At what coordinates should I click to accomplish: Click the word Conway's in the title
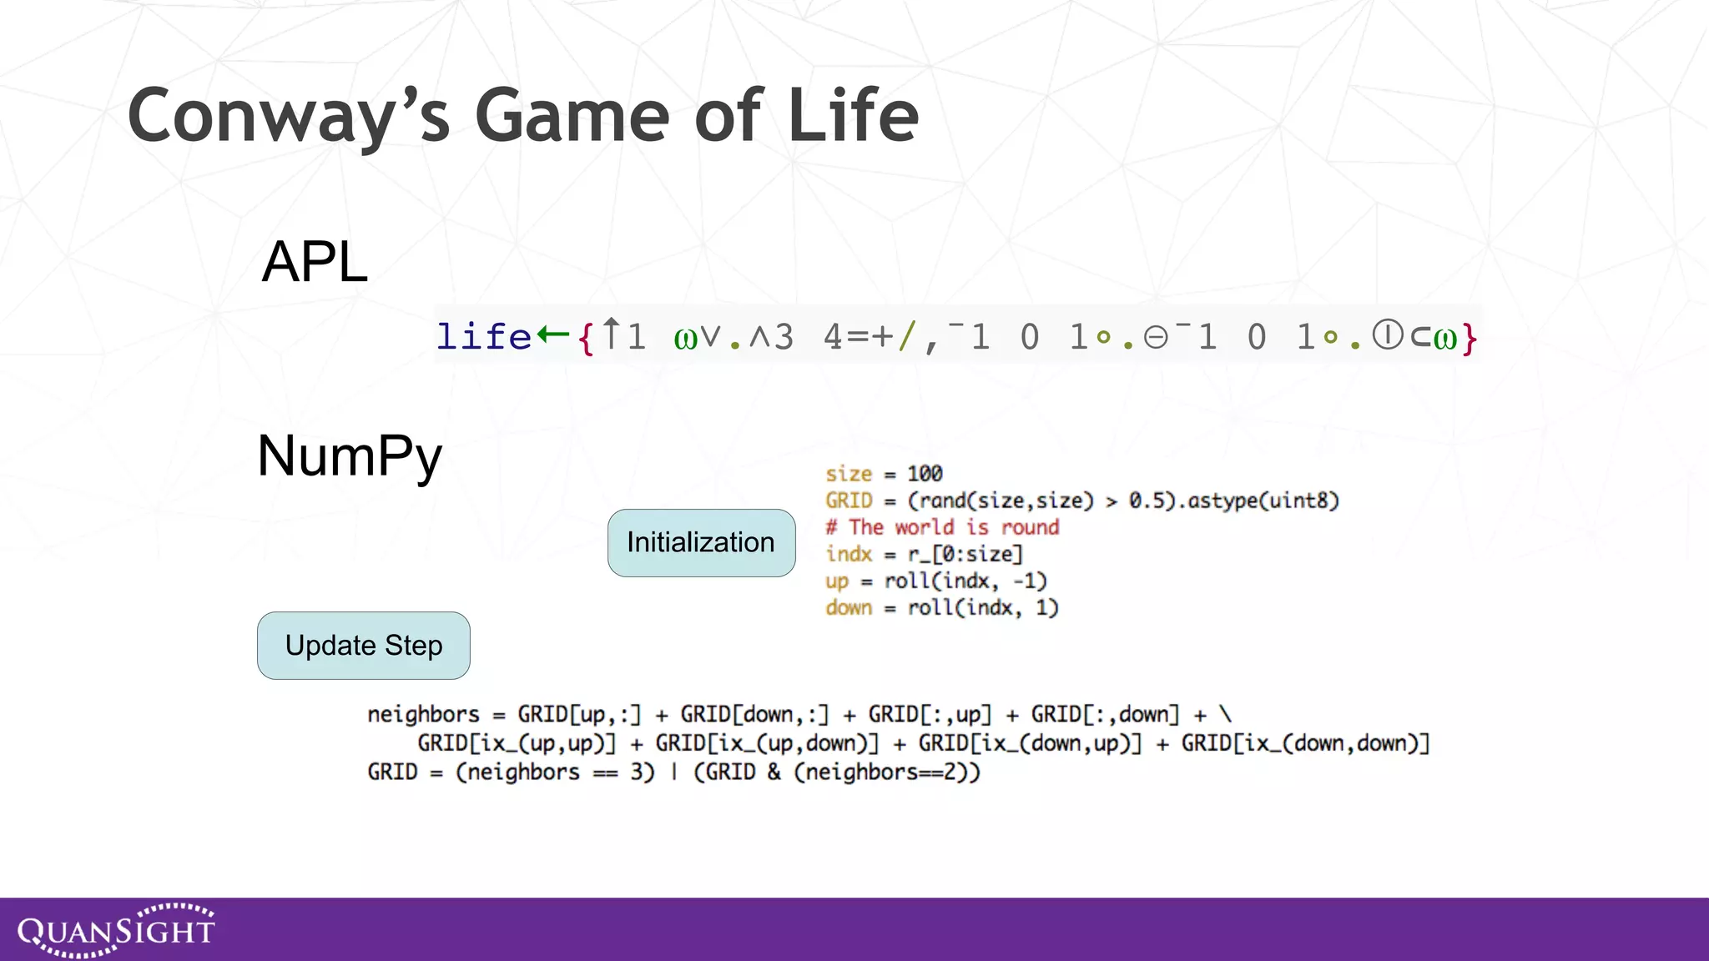point(288,117)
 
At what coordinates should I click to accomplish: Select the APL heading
point(315,262)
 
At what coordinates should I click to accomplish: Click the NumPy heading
point(350,456)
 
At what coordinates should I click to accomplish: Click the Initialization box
point(701,543)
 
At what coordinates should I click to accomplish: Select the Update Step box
point(364,646)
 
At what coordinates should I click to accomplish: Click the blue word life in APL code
point(484,337)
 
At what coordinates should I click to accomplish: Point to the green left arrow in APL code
point(552,335)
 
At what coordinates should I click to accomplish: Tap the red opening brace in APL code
point(587,338)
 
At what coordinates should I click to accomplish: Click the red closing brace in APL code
point(1470,338)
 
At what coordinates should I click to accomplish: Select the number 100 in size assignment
point(925,474)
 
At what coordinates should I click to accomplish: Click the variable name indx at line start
point(849,554)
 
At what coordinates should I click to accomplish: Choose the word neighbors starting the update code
point(423,715)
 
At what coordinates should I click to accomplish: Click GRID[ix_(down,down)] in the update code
point(1305,743)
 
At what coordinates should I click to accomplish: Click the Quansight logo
point(116,930)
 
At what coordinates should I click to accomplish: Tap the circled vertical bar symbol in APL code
point(1388,335)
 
